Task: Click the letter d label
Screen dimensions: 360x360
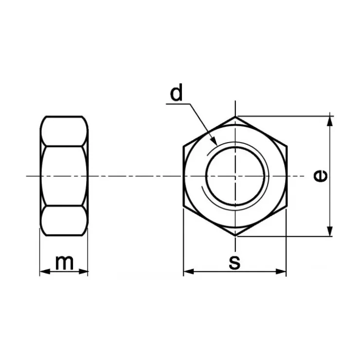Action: coord(176,92)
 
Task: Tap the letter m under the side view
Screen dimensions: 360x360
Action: coord(64,262)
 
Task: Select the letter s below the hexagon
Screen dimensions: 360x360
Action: coord(234,262)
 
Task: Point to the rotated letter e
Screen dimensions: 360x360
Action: coord(321,176)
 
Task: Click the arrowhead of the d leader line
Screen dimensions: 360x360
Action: coord(214,141)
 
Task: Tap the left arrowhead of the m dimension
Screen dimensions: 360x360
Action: coord(45,271)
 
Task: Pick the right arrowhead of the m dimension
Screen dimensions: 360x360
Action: coord(83,271)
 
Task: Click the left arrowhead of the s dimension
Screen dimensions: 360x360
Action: coord(189,271)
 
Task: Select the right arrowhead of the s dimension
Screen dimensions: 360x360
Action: coord(281,271)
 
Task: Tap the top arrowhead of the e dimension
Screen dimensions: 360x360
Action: coord(330,121)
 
